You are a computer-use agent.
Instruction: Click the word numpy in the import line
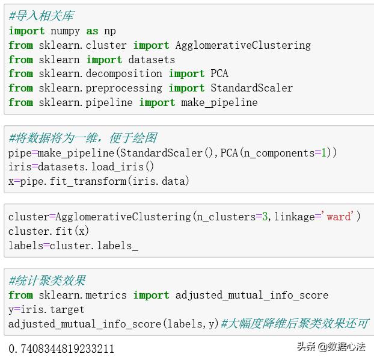[x=65, y=31]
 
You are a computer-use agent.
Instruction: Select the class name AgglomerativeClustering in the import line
[x=243, y=45]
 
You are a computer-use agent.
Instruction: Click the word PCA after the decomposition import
[x=219, y=73]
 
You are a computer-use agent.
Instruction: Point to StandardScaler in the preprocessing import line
[x=251, y=88]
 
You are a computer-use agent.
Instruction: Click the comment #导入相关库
[x=41, y=16]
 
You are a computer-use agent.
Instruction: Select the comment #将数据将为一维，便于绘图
[x=82, y=138]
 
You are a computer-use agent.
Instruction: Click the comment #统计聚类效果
[x=47, y=281]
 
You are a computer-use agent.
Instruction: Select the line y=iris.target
[x=46, y=309]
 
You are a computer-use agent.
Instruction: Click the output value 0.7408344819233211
[x=61, y=349]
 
